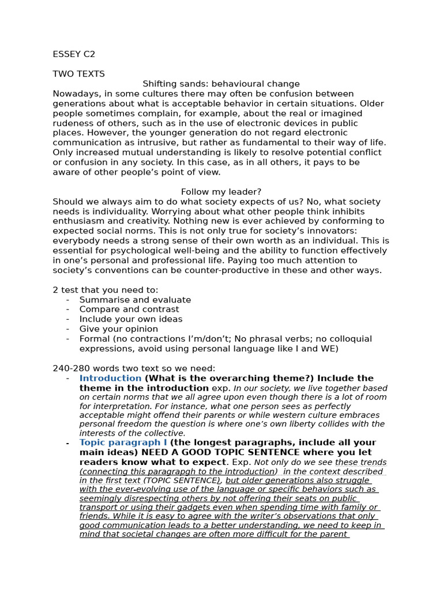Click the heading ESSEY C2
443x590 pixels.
click(74, 55)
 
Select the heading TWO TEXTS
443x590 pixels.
click(78, 74)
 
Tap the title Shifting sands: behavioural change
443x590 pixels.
click(221, 84)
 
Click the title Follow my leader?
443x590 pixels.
click(221, 192)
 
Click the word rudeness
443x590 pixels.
click(72, 123)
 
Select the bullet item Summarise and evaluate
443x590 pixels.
click(135, 300)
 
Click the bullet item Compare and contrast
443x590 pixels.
click(129, 309)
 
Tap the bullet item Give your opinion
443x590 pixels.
click(118, 329)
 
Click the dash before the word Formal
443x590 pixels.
click(67, 339)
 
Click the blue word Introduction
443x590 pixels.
click(110, 379)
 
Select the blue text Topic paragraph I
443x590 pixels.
click(123, 442)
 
